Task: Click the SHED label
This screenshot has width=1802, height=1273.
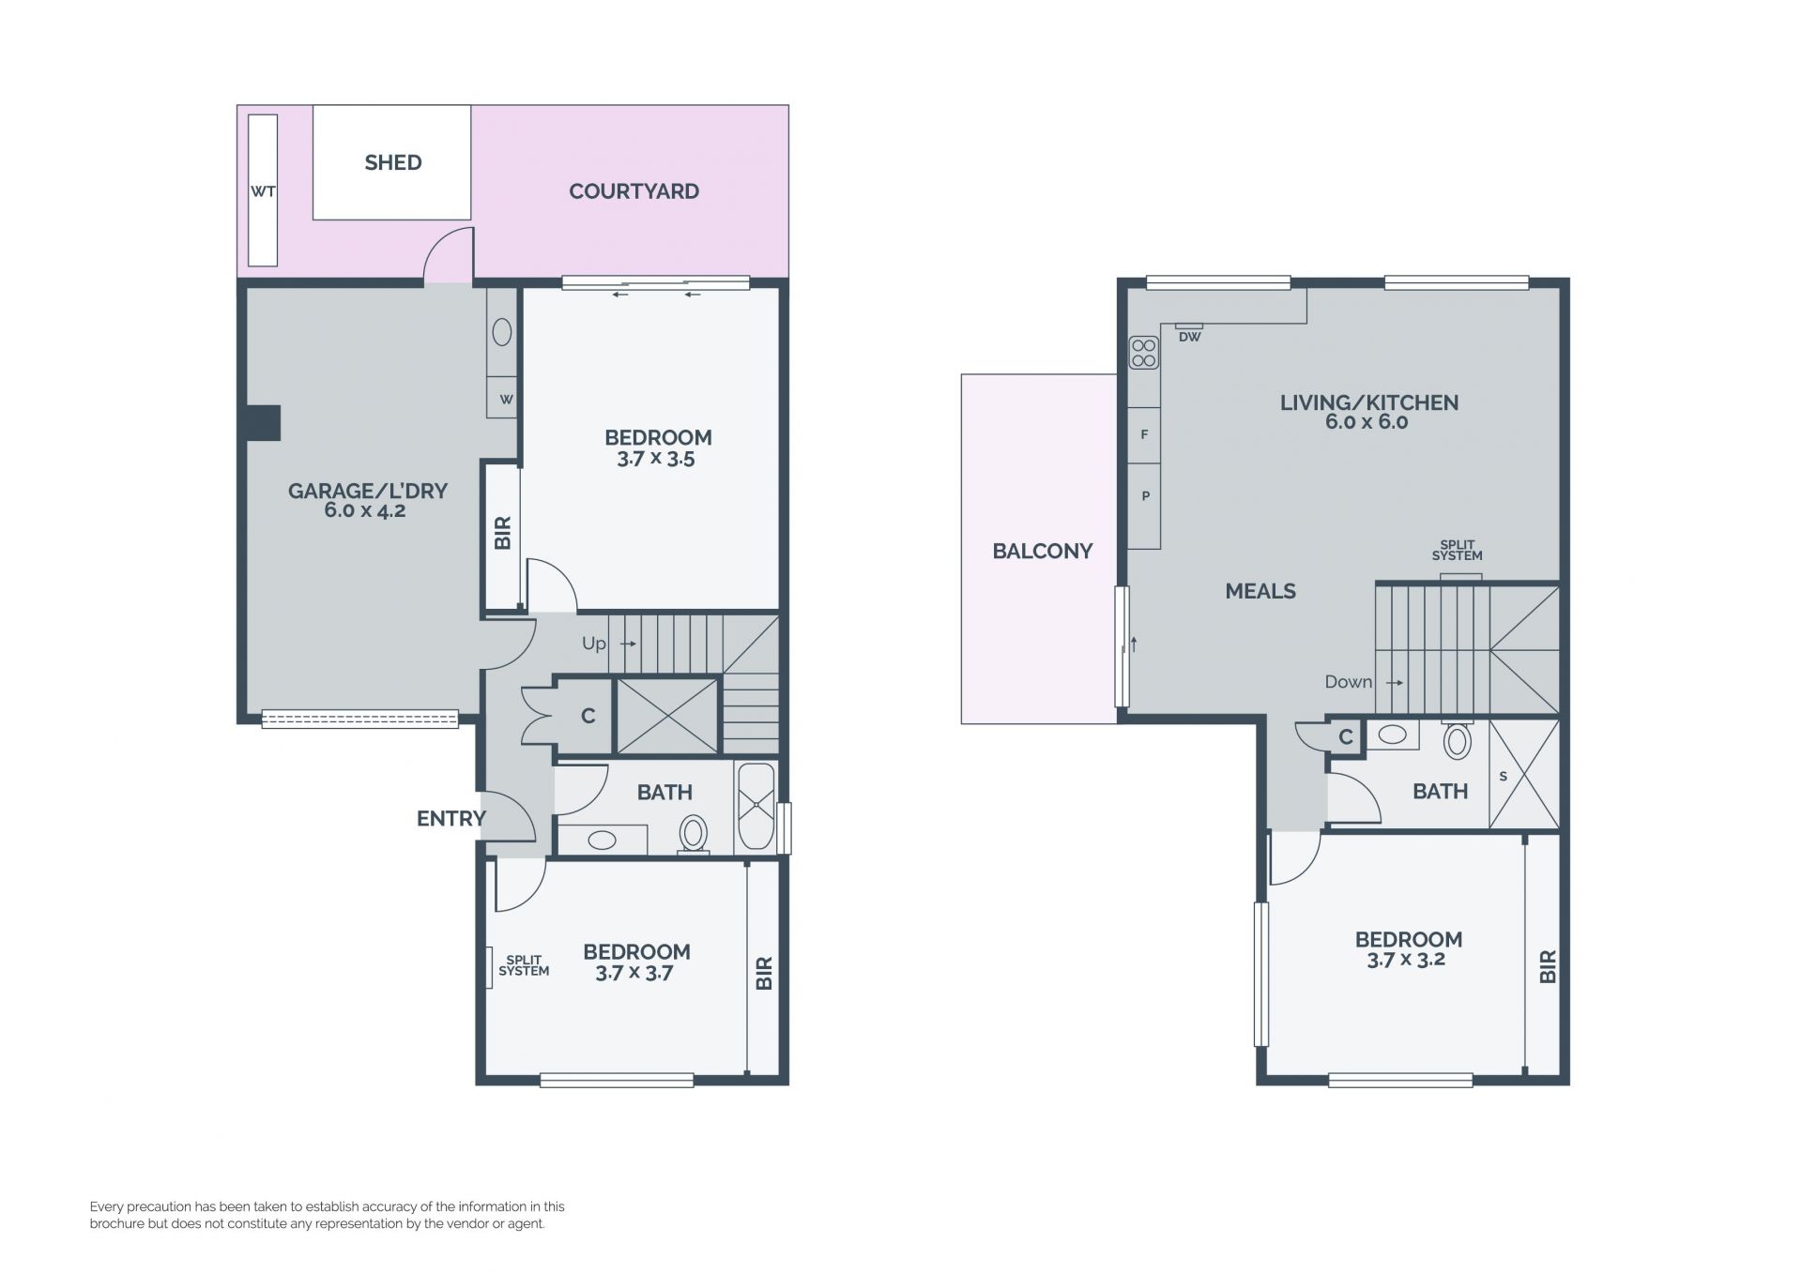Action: [393, 162]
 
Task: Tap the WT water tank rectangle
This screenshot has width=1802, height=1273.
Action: [263, 190]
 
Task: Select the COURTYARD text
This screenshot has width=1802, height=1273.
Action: [634, 191]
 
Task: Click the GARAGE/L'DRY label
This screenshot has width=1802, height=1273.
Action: [368, 491]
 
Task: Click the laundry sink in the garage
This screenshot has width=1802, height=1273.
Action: [502, 331]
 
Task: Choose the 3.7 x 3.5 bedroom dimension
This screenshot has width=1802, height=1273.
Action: [656, 459]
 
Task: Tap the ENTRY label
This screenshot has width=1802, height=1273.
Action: [451, 818]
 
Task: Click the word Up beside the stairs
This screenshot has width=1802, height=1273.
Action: [594, 644]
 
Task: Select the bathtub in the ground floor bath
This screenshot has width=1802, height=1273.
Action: [756, 807]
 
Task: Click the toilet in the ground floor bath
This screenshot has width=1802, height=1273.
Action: [694, 834]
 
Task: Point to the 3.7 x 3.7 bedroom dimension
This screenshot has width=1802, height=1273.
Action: [634, 973]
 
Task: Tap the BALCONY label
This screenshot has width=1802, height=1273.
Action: [1043, 551]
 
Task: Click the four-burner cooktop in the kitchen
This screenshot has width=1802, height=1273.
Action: [1144, 353]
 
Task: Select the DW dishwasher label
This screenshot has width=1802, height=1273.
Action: [1189, 337]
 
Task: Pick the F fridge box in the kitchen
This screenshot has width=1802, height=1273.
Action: [1144, 435]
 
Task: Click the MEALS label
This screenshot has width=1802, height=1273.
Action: [1260, 591]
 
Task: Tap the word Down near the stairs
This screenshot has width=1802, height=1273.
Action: [1349, 682]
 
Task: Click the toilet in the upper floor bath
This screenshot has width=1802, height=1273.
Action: [1457, 739]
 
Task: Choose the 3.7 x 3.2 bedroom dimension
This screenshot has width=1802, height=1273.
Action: [1406, 960]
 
